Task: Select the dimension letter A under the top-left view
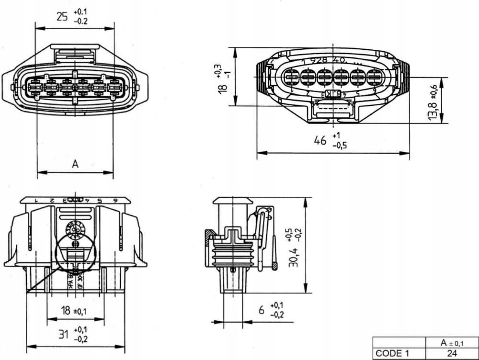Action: (75, 164)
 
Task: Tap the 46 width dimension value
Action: (319, 140)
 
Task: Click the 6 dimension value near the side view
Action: (262, 310)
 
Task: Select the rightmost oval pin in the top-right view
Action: (374, 76)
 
